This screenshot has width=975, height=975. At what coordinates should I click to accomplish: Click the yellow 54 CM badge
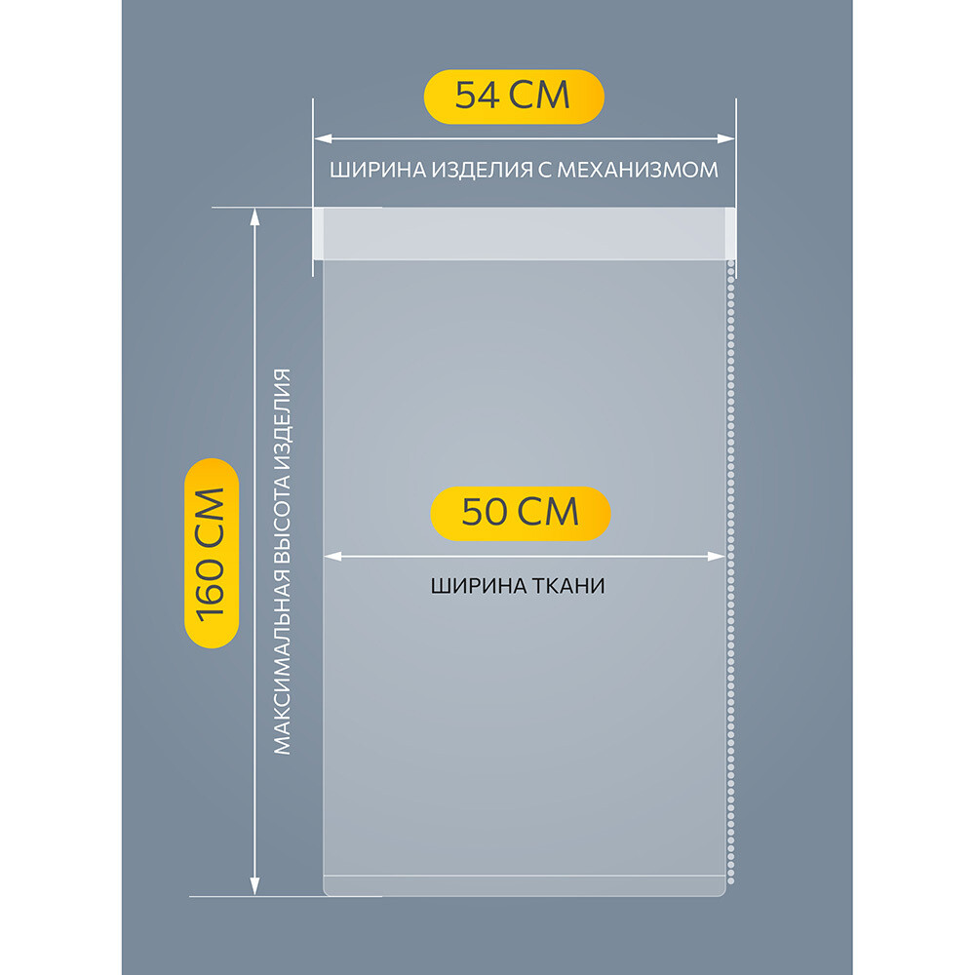point(514,97)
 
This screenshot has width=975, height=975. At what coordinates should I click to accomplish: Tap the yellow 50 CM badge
point(521,513)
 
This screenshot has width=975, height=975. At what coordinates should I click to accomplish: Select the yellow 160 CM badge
point(212,553)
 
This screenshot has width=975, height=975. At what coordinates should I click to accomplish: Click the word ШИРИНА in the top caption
point(377,170)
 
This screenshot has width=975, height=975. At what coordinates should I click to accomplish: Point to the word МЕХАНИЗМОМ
point(638,170)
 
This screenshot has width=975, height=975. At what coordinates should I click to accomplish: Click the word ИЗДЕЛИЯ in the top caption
point(483,170)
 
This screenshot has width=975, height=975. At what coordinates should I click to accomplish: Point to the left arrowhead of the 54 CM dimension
point(323,138)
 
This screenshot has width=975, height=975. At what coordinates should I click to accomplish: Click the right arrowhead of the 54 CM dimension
point(725,138)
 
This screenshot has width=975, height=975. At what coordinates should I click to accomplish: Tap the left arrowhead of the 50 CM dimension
point(332,556)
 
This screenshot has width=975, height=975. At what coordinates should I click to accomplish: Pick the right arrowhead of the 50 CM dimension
point(717,556)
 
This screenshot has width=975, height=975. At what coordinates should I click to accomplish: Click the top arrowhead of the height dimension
point(254,216)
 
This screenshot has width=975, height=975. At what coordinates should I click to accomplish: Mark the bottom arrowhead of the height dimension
point(254,886)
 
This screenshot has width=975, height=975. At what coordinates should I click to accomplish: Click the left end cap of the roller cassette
point(319,233)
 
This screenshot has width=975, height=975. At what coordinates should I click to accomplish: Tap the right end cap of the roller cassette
point(730,233)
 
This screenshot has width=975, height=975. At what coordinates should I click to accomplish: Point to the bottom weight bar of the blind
point(525,886)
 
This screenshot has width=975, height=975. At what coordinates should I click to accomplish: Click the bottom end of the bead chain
point(730,880)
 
